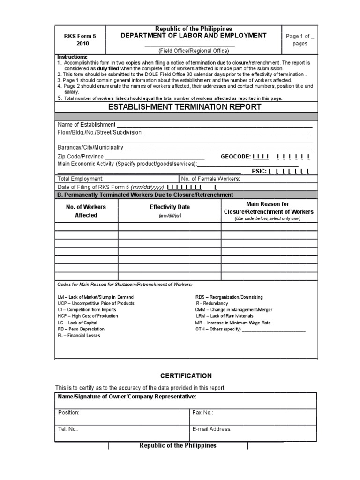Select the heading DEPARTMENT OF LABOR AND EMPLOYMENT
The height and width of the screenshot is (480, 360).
(x=194, y=36)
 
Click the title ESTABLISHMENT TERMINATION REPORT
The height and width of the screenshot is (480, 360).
(x=185, y=107)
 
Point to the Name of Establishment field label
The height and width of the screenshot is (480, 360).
(x=86, y=125)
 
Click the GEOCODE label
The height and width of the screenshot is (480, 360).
(x=235, y=157)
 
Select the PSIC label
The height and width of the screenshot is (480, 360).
(x=259, y=171)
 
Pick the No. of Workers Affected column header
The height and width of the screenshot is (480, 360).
(x=86, y=211)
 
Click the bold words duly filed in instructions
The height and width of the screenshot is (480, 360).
(x=107, y=68)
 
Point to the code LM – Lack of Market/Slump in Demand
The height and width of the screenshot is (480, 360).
(x=96, y=297)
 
